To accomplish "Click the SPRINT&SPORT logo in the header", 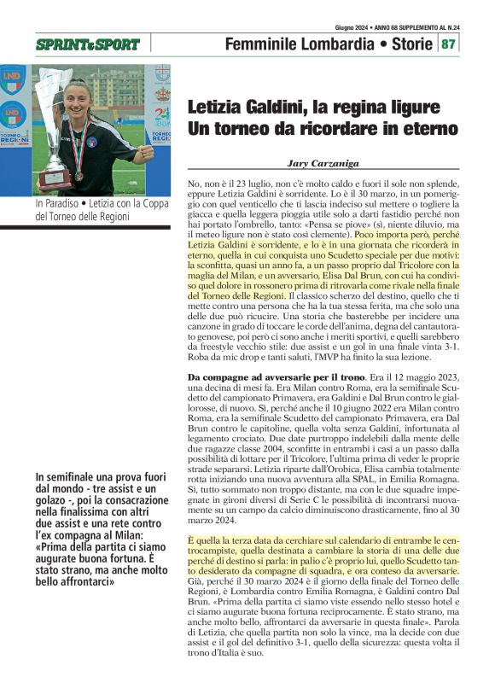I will tap(88, 44).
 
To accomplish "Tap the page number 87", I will tap(449, 44).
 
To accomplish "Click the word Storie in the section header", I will tap(406, 44).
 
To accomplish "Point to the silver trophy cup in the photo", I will tap(56, 111).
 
